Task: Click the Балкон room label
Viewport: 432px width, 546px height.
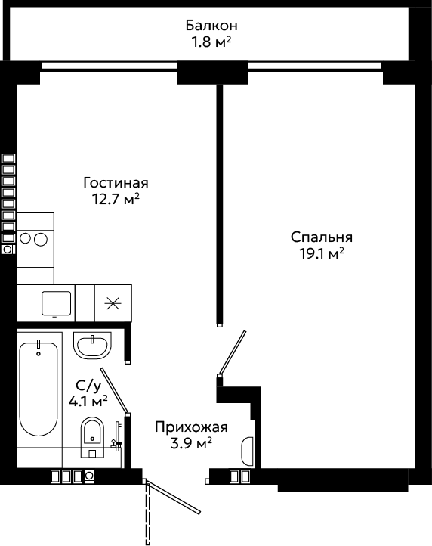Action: [211, 26]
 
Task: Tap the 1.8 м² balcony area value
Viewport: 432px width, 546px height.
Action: [211, 42]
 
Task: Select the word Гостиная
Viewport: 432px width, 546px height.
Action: [116, 183]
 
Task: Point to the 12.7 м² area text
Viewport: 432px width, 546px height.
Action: [116, 199]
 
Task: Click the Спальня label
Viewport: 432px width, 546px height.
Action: [322, 237]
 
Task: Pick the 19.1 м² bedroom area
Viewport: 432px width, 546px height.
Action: [322, 253]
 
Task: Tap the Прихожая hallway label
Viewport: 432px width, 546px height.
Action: [191, 427]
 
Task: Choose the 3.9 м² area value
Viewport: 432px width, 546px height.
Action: [191, 443]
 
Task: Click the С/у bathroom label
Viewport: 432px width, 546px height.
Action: [88, 386]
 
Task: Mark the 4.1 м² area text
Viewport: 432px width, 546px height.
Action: [88, 402]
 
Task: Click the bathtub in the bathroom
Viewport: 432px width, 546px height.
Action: [39, 389]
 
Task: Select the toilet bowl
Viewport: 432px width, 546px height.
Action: [92, 437]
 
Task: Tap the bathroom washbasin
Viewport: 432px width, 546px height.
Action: [92, 346]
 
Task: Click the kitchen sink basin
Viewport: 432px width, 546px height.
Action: [56, 304]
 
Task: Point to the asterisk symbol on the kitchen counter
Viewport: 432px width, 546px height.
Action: [113, 303]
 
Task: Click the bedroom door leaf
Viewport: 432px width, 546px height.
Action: [232, 352]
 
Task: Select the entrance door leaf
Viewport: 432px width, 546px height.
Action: [174, 498]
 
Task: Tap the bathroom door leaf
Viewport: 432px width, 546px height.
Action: [115, 391]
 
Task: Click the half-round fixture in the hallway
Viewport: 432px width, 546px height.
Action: [247, 451]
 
